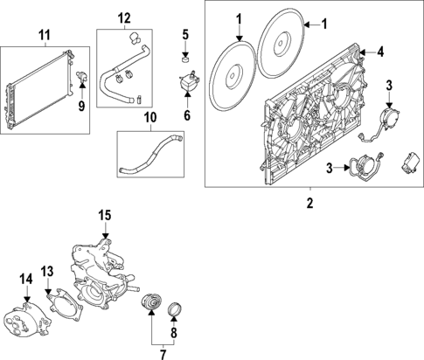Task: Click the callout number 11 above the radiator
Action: pyautogui.click(x=45, y=35)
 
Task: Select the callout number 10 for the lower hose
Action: pyautogui.click(x=149, y=116)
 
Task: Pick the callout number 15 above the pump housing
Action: pyautogui.click(x=104, y=215)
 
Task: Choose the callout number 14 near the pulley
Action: pyautogui.click(x=25, y=279)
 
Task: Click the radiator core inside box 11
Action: pyautogui.click(x=35, y=89)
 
